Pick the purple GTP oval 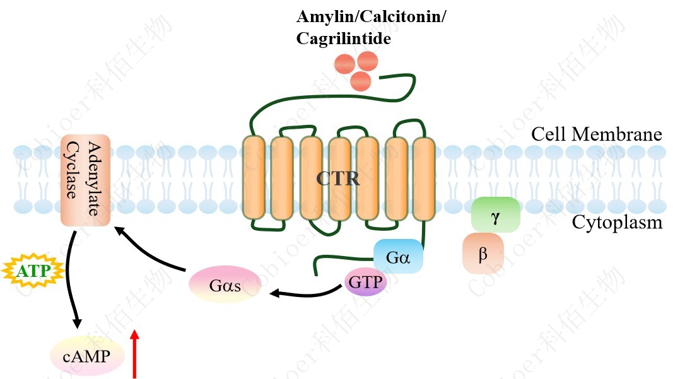tap(365, 282)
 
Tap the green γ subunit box tap(495, 214)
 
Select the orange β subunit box tap(483, 254)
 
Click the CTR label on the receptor tap(338, 179)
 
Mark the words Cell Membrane tap(596, 134)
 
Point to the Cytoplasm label tap(617, 223)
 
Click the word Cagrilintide tap(344, 38)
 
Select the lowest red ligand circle tap(360, 81)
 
